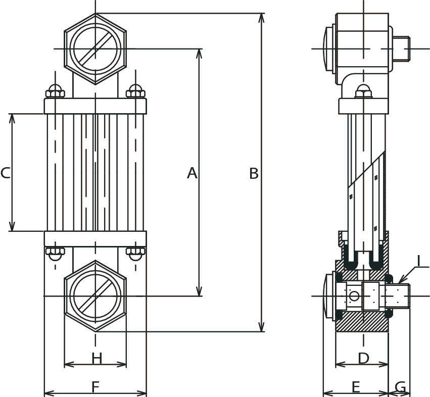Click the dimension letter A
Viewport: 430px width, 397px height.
(192, 173)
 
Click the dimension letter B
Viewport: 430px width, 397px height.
(254, 173)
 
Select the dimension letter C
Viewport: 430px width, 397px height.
(6, 173)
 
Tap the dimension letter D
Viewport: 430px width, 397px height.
(364, 358)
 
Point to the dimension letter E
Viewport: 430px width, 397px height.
(355, 387)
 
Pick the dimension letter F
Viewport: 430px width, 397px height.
(95, 387)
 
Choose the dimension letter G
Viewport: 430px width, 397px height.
(400, 387)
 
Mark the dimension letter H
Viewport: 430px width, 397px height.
(97, 358)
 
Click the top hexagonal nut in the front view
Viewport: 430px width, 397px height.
(95, 49)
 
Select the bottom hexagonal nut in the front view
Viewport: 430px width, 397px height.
(95, 296)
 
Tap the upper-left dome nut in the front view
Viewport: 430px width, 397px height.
(55, 91)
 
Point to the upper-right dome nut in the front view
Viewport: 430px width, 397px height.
(135, 91)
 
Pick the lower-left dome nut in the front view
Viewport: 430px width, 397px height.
(55, 254)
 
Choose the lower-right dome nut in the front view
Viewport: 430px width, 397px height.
(135, 254)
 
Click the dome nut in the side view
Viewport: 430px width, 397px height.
(364, 91)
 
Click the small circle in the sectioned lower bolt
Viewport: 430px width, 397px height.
(354, 296)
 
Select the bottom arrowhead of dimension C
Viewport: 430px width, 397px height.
(12, 226)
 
